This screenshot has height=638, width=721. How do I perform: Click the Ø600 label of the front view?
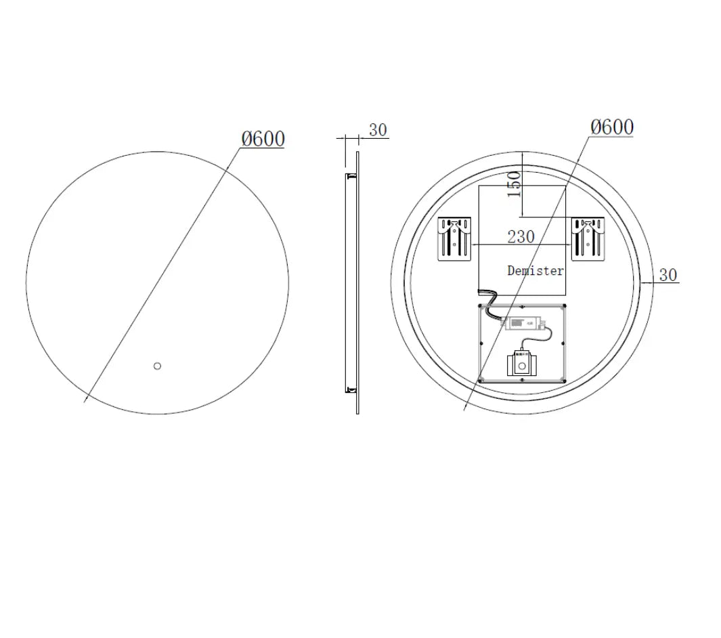[x=263, y=139]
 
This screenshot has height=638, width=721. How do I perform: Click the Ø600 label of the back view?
[x=612, y=127]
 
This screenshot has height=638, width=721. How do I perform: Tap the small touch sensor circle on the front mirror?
[x=158, y=366]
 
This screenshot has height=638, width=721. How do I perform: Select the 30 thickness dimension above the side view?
[x=378, y=130]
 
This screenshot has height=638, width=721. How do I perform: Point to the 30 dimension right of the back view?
[x=668, y=275]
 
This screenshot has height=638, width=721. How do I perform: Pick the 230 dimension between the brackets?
[x=521, y=237]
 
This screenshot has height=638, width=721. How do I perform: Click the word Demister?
[x=535, y=271]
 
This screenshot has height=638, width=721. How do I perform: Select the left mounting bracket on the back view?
[x=454, y=238]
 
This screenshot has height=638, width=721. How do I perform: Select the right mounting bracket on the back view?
[x=587, y=238]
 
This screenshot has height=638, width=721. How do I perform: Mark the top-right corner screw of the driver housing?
[x=564, y=306]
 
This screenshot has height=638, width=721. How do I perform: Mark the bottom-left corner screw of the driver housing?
[x=480, y=380]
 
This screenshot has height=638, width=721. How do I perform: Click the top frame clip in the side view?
[x=351, y=177]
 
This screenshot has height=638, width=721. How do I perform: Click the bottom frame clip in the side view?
[x=351, y=389]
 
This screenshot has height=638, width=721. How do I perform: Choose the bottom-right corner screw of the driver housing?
[x=564, y=380]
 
